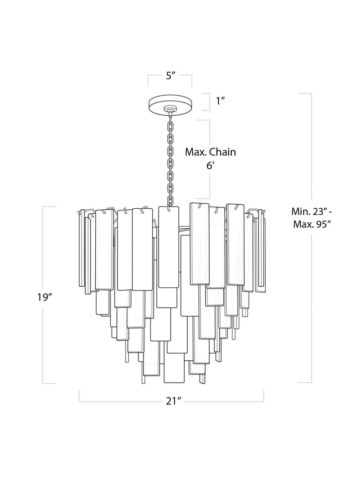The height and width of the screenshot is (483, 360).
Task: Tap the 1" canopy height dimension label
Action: pos(220,101)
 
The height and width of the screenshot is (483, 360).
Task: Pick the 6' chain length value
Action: pos(210,166)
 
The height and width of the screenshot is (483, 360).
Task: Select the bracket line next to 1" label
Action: pos(210,102)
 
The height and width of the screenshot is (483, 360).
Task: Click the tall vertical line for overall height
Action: pos(311,238)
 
